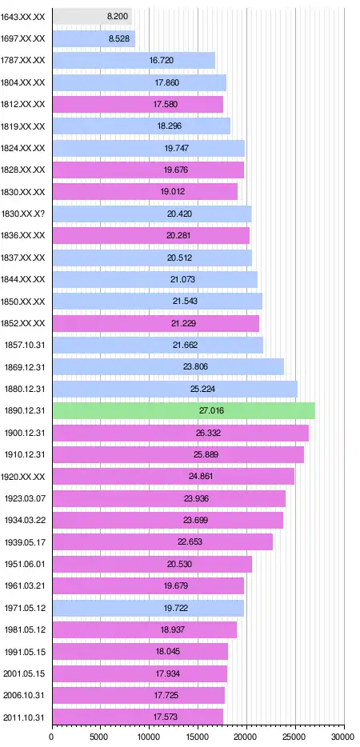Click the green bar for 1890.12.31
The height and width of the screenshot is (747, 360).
(x=183, y=410)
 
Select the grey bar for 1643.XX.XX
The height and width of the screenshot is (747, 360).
(x=92, y=16)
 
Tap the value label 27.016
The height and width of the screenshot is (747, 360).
(x=212, y=410)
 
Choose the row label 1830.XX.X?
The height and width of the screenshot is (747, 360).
(x=23, y=214)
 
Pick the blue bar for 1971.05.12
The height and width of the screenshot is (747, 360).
(x=148, y=608)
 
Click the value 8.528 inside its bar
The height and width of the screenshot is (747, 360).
(x=119, y=38)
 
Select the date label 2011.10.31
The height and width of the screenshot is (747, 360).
(x=24, y=717)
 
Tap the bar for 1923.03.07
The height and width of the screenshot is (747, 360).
(x=170, y=498)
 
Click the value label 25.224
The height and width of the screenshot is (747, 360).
(x=202, y=389)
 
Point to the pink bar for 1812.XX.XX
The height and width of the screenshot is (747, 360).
(x=138, y=104)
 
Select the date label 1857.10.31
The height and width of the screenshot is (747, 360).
(x=24, y=345)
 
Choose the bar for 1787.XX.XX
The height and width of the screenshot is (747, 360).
(x=134, y=60)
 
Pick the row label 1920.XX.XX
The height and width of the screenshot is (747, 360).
(x=23, y=477)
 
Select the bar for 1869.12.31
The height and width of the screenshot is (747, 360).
(x=168, y=367)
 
